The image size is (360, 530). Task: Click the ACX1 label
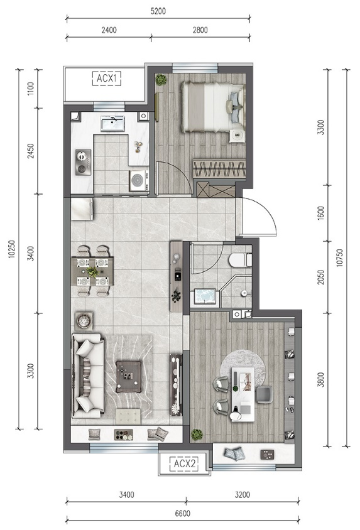click(x=107, y=78)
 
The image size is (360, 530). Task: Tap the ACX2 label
click(x=185, y=463)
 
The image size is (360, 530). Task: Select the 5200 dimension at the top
click(x=158, y=11)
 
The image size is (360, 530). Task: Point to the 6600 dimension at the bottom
click(x=183, y=514)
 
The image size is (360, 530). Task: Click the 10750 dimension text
click(x=340, y=258)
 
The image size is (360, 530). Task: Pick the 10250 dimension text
click(x=12, y=249)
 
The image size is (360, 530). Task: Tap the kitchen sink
click(x=112, y=123)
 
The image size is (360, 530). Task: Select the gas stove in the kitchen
click(x=83, y=162)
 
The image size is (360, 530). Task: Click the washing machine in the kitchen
click(x=139, y=180)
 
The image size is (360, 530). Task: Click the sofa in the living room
click(x=87, y=376)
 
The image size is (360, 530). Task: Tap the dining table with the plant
click(x=92, y=271)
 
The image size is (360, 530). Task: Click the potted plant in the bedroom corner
click(x=161, y=80)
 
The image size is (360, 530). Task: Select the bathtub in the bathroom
click(x=205, y=297)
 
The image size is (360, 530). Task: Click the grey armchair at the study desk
click(x=264, y=394)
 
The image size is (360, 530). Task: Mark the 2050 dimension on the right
click(x=321, y=277)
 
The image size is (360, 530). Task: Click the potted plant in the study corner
click(x=197, y=435)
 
